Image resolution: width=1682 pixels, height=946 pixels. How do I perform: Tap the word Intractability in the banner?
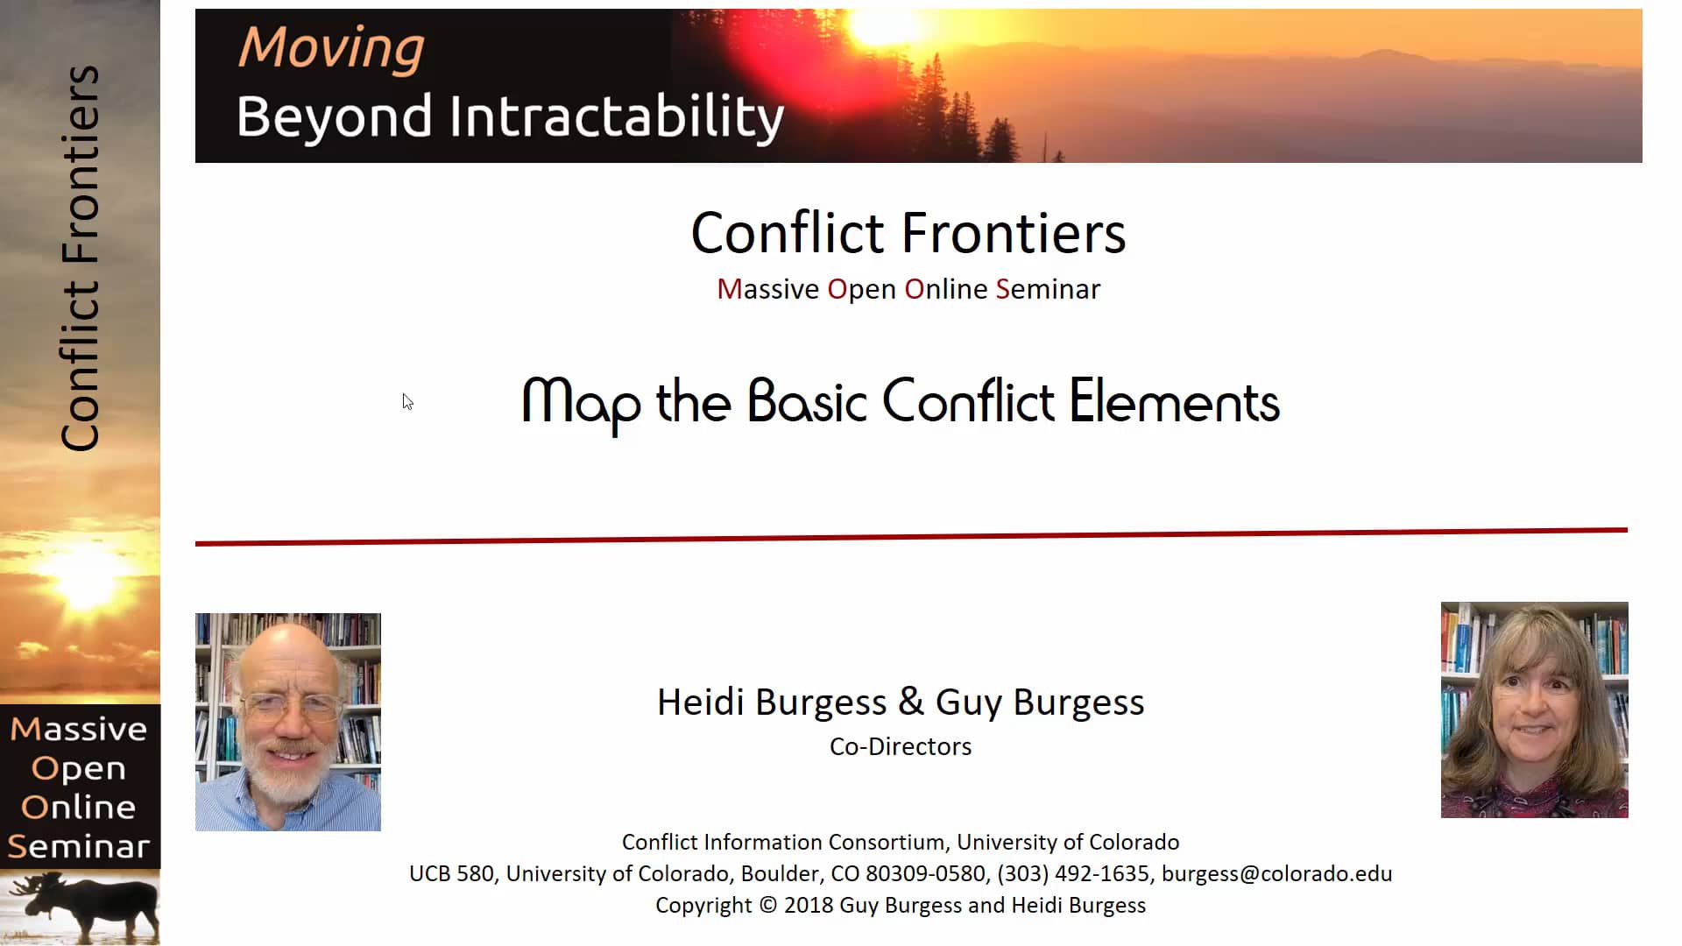617,116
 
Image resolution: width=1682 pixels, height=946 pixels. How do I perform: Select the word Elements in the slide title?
1174,403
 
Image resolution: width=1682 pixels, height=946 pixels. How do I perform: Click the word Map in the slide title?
581,403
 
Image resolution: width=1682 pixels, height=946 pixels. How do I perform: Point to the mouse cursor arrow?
406,401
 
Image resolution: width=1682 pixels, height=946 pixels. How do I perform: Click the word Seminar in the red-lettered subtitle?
1048,289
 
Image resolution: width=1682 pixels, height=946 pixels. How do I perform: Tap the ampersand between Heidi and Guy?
911,702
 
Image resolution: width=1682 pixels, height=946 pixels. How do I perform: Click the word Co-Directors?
901,746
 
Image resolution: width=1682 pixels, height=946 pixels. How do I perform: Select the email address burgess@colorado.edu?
1276,873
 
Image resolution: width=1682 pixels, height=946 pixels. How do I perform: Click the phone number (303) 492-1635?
1073,873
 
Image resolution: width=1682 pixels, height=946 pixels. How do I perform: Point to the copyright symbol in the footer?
767,905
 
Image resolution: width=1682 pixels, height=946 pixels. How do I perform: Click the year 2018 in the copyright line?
807,905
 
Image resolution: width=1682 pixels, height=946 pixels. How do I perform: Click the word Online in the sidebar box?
79,807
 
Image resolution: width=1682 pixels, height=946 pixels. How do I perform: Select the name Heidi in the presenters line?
701,702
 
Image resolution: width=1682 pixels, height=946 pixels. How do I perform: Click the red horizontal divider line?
911,536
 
